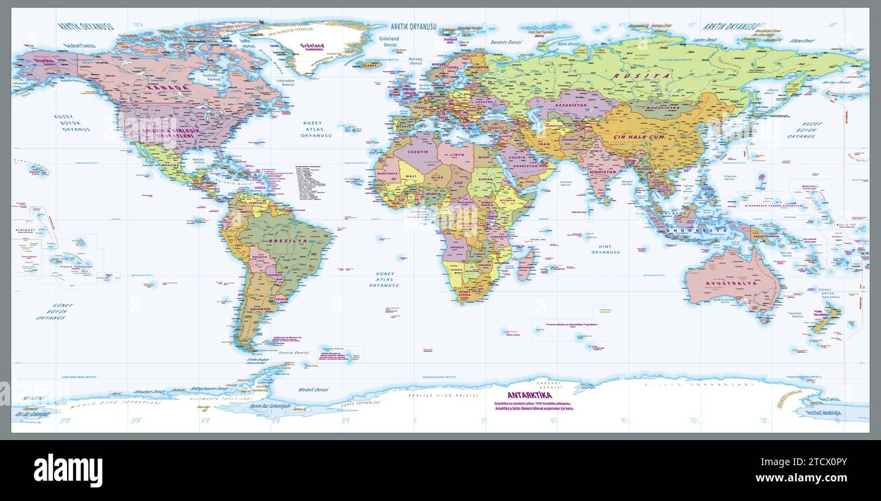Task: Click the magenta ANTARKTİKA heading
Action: tap(529, 395)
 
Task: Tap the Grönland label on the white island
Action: tap(312, 46)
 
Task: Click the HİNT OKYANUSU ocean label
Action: tap(605, 249)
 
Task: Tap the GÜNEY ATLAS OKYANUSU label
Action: tap(384, 280)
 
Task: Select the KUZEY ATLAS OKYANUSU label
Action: tap(315, 129)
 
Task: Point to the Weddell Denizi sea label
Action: tap(313, 390)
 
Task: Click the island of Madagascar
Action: tap(525, 263)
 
